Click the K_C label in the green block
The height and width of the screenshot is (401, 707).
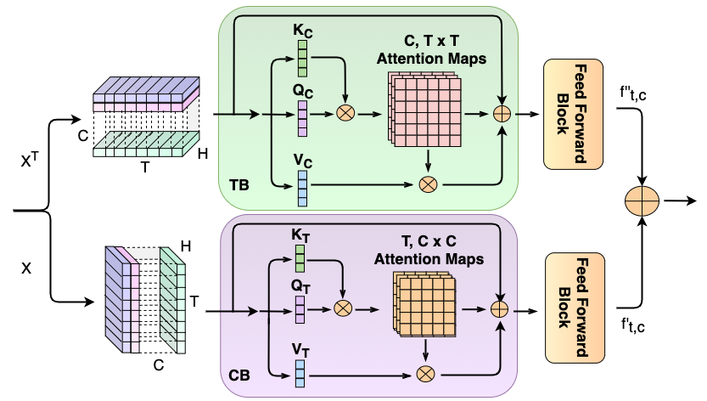tap(301, 31)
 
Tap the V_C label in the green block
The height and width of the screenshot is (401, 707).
tap(301, 160)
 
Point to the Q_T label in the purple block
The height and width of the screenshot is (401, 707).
tap(300, 286)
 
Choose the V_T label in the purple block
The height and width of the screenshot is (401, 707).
tap(300, 349)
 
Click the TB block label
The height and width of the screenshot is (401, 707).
tap(238, 184)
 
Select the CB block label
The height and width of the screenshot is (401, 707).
tap(239, 375)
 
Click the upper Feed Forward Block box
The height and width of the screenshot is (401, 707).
tap(573, 114)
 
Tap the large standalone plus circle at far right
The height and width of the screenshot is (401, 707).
tap(642, 201)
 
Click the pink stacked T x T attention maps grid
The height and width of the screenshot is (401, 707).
tap(427, 109)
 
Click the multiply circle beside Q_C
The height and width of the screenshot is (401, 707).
tap(346, 113)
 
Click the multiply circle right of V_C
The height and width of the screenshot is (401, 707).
tap(428, 183)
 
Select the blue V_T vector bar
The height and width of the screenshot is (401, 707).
tap(300, 374)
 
